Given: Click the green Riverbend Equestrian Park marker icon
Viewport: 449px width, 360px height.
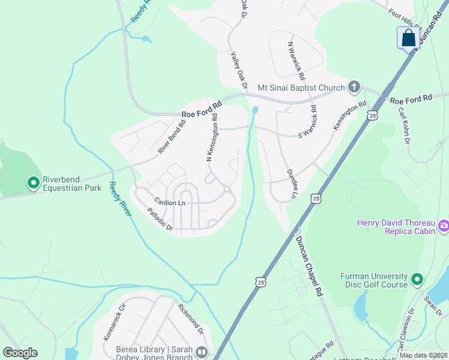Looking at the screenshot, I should coord(33,181).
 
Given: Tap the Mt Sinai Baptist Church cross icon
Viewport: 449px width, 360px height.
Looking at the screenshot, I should coord(354,88).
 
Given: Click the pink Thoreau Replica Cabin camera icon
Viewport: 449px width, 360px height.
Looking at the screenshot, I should coord(444,226).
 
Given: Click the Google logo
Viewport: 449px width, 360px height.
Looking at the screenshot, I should coord(20,353).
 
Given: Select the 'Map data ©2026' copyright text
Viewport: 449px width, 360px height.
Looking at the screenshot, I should coord(423,355).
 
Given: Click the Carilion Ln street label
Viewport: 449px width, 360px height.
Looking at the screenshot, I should coord(169,203).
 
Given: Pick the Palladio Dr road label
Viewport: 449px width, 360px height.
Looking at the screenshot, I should coord(160,220).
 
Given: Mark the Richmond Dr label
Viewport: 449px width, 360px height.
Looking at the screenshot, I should coord(191,319).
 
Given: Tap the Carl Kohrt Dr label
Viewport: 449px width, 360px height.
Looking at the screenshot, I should coord(402,125).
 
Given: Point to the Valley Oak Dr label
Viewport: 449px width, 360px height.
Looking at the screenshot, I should coord(239,70).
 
